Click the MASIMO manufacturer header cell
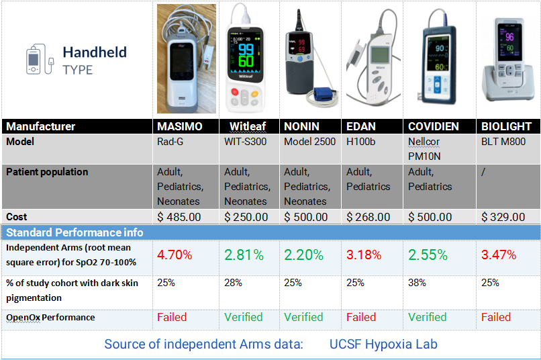(x=186, y=126)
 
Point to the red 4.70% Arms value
(x=175, y=255)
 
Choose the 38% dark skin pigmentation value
(x=417, y=283)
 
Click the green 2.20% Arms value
(x=303, y=255)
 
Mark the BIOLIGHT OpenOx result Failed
(x=496, y=317)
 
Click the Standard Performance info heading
(x=75, y=232)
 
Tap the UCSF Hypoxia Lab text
(x=383, y=344)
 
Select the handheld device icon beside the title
(x=40, y=59)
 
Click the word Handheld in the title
(x=95, y=52)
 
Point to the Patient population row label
(x=47, y=172)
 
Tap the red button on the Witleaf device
(x=235, y=92)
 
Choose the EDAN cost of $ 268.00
(x=368, y=217)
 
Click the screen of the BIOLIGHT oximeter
(x=509, y=41)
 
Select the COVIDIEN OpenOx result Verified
(x=427, y=317)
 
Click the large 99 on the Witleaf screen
(x=246, y=49)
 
